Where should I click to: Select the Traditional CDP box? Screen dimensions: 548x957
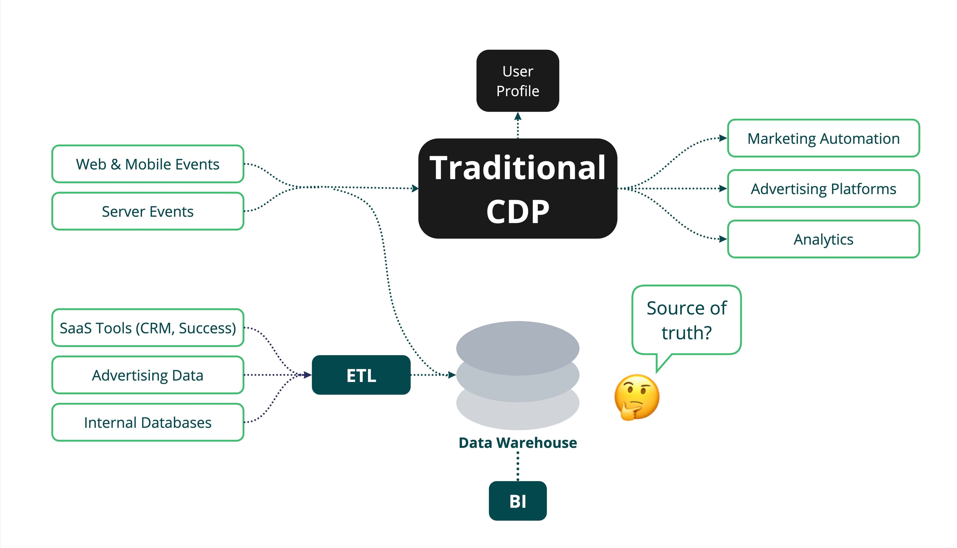click(518, 188)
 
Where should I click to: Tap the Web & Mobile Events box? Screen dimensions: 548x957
click(148, 164)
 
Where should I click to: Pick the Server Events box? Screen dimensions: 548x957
click(148, 211)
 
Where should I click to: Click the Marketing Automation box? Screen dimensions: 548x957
click(823, 138)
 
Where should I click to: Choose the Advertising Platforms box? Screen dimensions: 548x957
click(823, 189)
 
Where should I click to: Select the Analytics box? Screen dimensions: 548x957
click(823, 239)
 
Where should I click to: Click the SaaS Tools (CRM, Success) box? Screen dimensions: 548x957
click(148, 328)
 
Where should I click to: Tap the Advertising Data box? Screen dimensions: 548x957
click(148, 375)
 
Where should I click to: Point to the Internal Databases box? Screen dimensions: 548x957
click(148, 422)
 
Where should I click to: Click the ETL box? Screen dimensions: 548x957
click(361, 375)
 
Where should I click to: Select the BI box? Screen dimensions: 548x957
click(518, 501)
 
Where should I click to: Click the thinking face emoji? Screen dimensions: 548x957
click(637, 397)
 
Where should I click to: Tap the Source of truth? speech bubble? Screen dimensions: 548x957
click(686, 320)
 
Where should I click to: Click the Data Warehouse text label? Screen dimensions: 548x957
click(518, 443)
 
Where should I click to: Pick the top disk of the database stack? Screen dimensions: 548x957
click(518, 347)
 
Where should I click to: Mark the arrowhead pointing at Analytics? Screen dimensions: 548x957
click(723, 239)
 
